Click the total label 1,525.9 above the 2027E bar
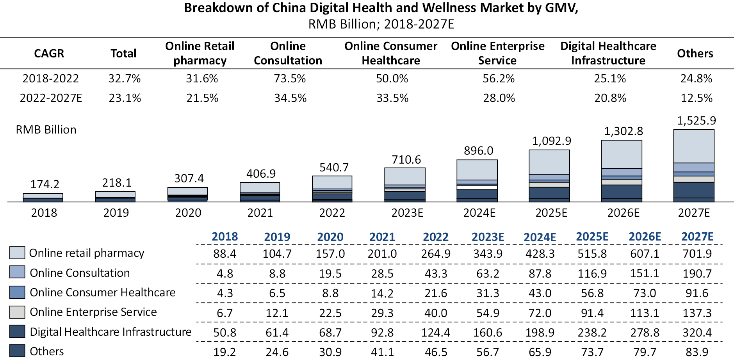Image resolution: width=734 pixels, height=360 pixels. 696,121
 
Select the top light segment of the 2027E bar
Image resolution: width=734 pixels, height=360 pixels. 694,146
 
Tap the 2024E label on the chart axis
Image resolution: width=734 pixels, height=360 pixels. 479,213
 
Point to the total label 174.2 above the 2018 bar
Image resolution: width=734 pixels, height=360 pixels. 45,184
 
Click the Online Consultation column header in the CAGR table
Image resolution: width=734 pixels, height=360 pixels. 288,53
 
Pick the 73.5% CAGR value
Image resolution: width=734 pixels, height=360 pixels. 290,78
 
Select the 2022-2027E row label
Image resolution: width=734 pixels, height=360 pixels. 51,98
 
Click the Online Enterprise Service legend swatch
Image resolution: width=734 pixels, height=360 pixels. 17,312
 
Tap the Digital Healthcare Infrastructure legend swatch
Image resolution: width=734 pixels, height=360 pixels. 17,331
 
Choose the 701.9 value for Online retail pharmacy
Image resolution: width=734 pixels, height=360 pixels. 697,254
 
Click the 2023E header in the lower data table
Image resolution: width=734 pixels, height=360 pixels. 488,237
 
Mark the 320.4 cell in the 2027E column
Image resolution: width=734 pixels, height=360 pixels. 697,332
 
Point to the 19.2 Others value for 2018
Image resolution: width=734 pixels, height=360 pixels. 224,352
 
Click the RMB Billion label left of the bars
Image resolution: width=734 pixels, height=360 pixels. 46,130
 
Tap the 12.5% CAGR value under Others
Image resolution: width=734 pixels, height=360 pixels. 696,98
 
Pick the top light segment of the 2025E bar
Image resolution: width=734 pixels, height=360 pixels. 549,162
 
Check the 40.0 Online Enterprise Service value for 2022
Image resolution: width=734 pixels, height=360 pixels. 436,313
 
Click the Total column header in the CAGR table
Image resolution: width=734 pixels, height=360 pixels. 123,53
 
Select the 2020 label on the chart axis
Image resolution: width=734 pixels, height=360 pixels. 188,213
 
